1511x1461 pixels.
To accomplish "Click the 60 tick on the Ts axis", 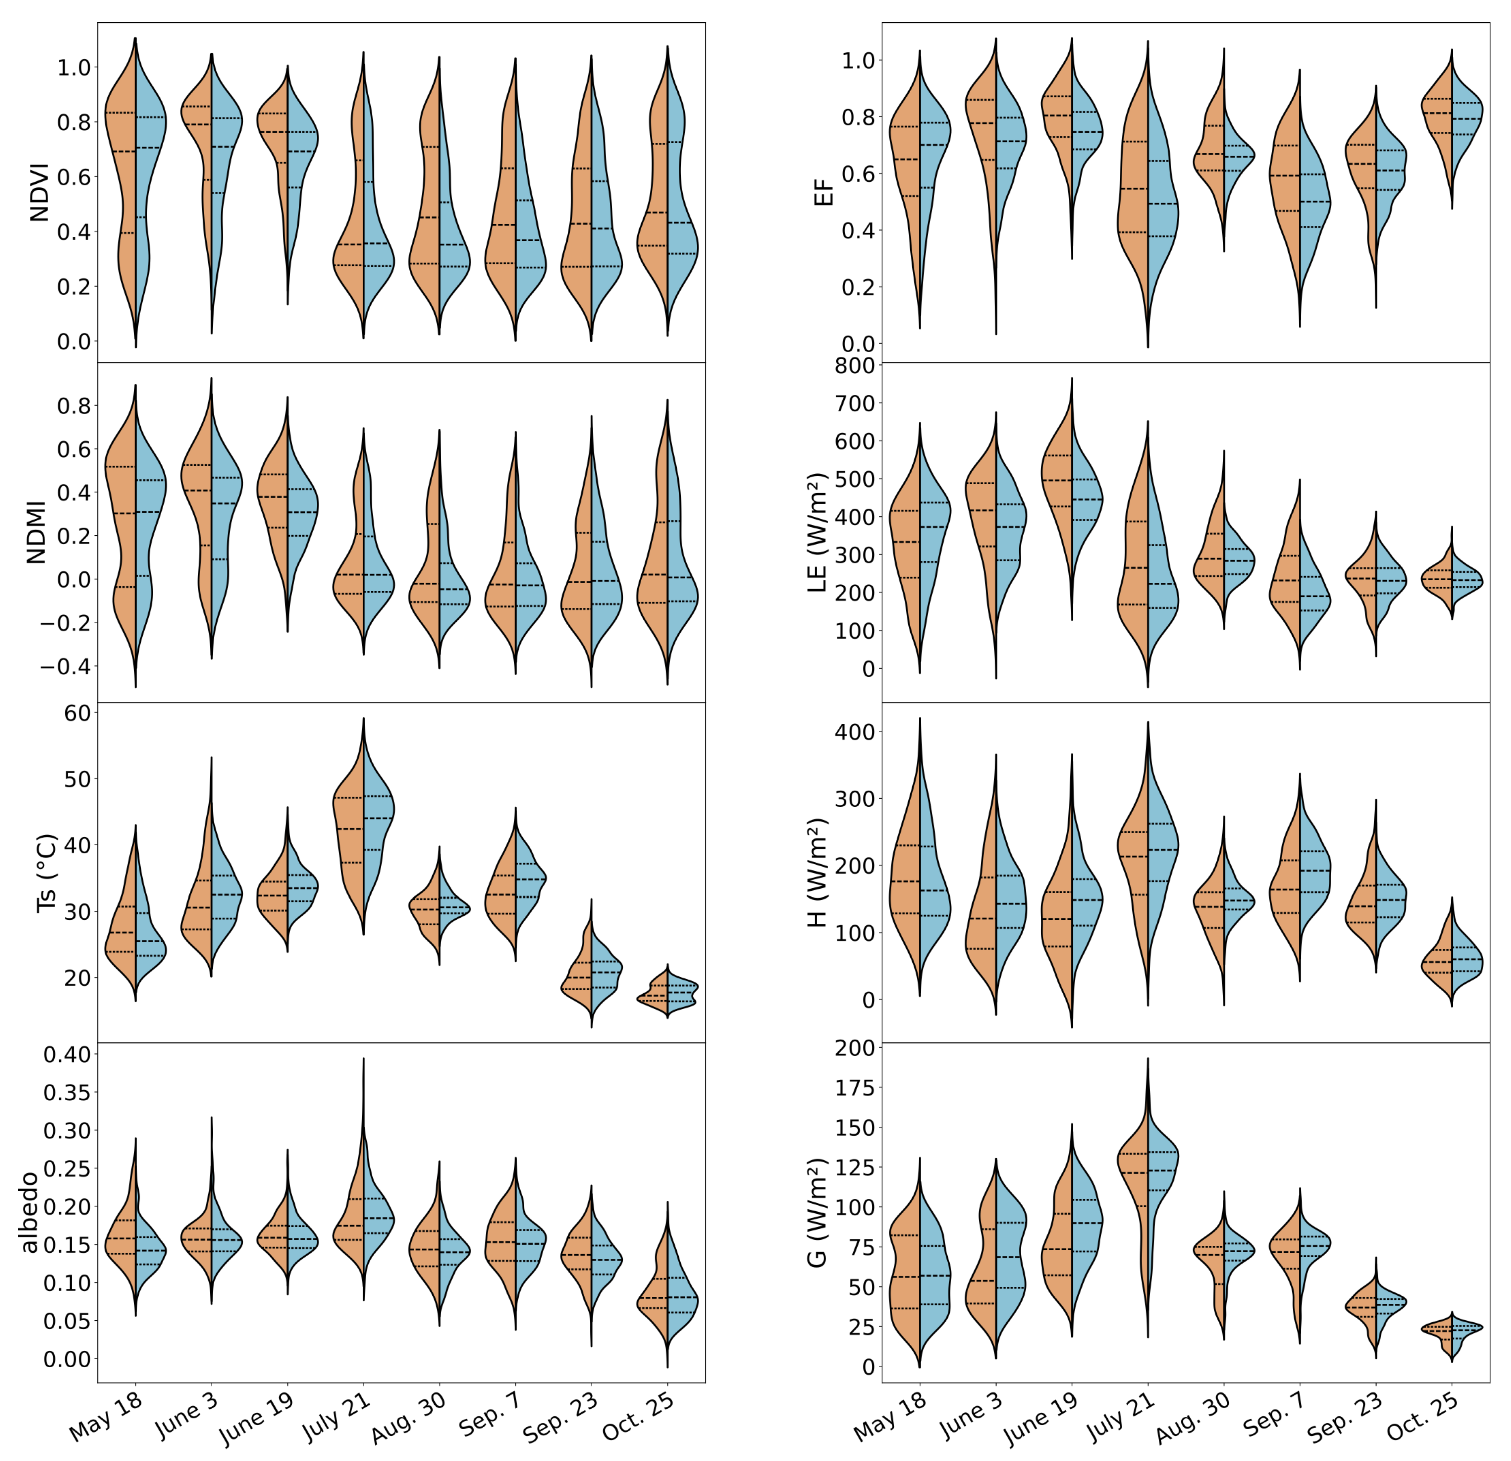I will coord(77,713).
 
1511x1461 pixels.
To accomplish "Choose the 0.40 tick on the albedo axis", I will coord(66,1054).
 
